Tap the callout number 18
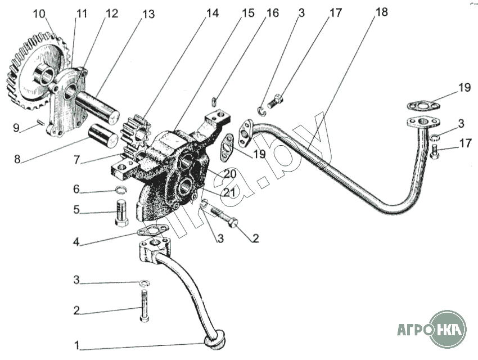point(381,12)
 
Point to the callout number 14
point(212,13)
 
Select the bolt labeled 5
point(121,213)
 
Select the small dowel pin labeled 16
point(214,101)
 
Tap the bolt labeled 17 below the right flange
point(435,151)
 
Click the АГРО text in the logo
point(414,330)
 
